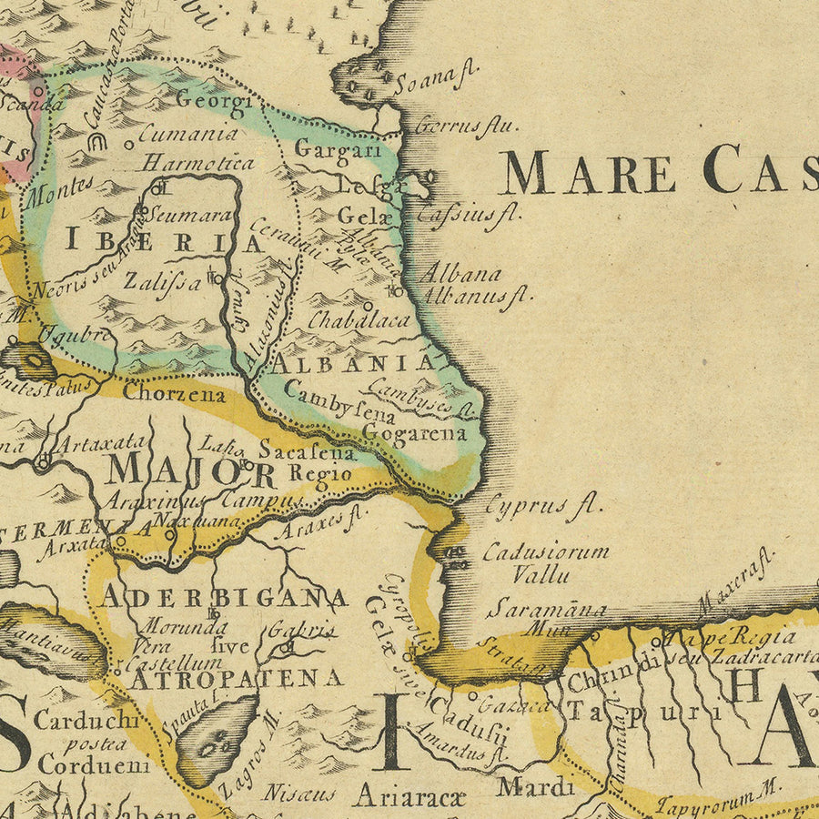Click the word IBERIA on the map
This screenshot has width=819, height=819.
pos(164,241)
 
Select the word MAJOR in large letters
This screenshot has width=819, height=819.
pos(191,470)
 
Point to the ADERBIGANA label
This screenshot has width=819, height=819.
pos(224,598)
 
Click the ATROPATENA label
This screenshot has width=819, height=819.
pos(237,678)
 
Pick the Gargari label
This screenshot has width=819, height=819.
pos(338,149)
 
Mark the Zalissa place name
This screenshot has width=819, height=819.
pos(164,281)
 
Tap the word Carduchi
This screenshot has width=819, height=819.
pos(87,719)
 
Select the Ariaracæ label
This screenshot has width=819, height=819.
pos(409,795)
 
